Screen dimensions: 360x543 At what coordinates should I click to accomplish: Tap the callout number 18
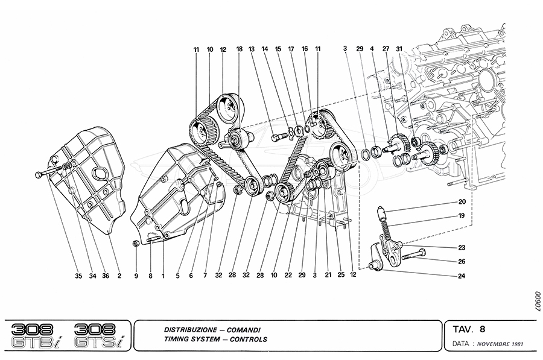(x=239, y=49)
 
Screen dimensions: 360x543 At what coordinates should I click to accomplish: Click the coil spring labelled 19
(x=386, y=229)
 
